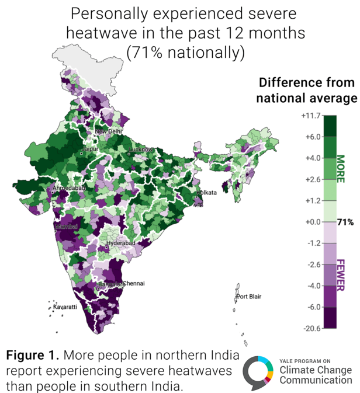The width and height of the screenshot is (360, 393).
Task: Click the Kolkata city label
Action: click(207, 192)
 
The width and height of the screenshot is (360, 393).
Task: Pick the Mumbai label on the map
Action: click(65, 225)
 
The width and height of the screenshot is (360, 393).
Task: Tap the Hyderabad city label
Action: click(121, 243)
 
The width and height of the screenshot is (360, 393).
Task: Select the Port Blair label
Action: click(248, 297)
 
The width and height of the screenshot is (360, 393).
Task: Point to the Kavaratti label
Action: click(65, 307)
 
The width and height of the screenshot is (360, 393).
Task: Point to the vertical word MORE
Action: click(341, 169)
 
